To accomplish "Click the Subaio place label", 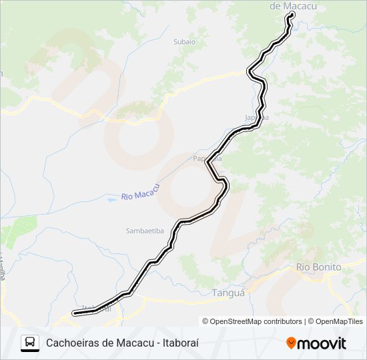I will click(184, 41).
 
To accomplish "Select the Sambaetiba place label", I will click(145, 231).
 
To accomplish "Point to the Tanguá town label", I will click(228, 293).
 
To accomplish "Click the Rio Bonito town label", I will click(318, 267).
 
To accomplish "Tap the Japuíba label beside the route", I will click(257, 117).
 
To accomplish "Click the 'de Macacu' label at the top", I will click(292, 6).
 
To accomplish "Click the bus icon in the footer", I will click(30, 343).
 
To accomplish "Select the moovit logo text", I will click(322, 343).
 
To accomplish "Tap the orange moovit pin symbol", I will click(291, 343).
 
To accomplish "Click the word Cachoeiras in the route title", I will click(73, 343).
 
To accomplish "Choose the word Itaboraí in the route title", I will click(181, 343).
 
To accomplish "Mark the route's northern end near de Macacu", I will click(292, 15).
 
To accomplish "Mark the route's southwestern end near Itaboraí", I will click(75, 312).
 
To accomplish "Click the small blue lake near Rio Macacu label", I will click(111, 199).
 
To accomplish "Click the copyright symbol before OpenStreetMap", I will click(206, 321).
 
